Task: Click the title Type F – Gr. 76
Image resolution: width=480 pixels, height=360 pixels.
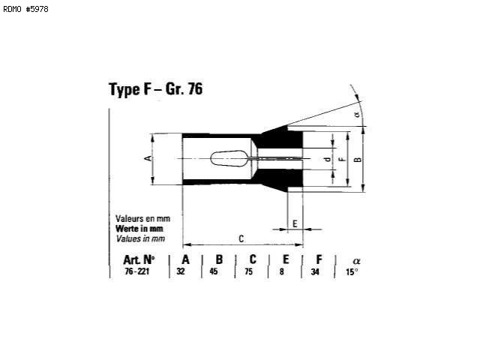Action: [x=155, y=89]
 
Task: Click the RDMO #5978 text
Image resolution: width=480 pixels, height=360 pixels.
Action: [x=25, y=9]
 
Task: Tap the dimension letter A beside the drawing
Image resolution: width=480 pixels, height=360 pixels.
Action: [x=148, y=158]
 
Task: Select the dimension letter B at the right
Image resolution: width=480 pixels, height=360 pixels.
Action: [x=357, y=160]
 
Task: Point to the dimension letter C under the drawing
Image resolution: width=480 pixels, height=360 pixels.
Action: [x=241, y=238]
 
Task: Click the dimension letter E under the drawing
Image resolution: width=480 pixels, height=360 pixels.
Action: [x=295, y=223]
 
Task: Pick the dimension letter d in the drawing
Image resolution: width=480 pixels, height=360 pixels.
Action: [x=328, y=160]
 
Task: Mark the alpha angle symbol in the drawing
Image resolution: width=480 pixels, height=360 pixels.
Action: [x=357, y=115]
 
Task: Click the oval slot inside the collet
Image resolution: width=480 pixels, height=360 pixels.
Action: [x=229, y=158]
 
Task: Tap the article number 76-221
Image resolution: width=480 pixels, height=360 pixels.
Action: [x=136, y=271]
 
